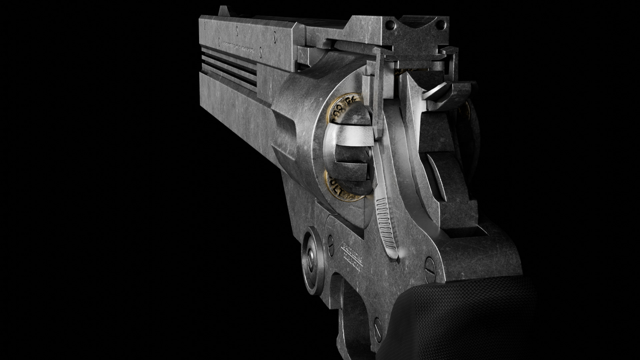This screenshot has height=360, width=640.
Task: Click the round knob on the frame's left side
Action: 312,261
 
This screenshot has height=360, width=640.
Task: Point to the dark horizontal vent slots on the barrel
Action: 230,65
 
